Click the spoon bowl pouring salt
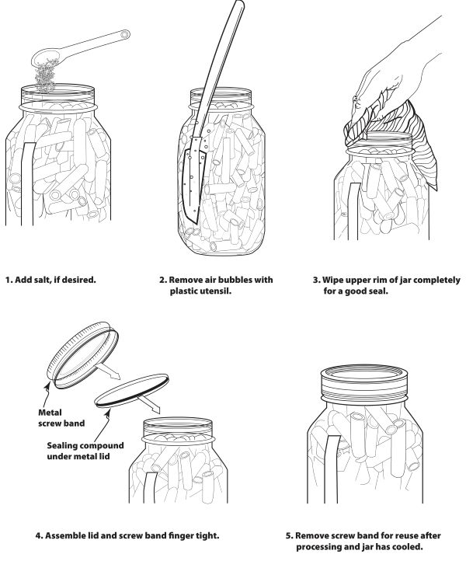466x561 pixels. click(x=45, y=57)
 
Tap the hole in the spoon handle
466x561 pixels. click(x=124, y=35)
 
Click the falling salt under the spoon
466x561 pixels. click(x=45, y=77)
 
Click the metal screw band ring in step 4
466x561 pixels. click(x=83, y=354)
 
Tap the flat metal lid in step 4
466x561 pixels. click(x=132, y=390)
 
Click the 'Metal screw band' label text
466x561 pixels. click(x=61, y=418)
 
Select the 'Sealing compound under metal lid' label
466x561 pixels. click(x=85, y=451)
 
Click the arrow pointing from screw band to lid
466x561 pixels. click(x=109, y=371)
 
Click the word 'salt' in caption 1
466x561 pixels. click(x=43, y=280)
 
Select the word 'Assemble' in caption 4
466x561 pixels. click(x=64, y=535)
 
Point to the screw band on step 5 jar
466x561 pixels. click(x=365, y=383)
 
